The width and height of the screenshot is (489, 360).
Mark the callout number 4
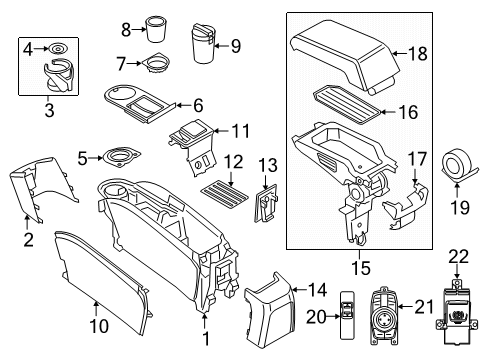30,46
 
